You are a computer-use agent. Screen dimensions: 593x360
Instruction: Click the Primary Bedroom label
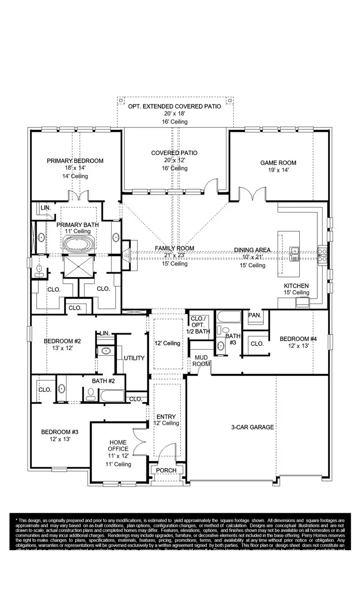pyautogui.click(x=75, y=161)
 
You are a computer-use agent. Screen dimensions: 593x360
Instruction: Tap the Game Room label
pyautogui.click(x=278, y=163)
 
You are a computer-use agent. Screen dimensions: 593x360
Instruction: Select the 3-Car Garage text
pyautogui.click(x=252, y=427)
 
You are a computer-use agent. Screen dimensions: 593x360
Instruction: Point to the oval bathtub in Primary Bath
pyautogui.click(x=79, y=244)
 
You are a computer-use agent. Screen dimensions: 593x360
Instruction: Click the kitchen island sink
pyautogui.click(x=294, y=253)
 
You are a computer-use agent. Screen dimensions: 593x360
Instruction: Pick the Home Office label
pyautogui.click(x=118, y=446)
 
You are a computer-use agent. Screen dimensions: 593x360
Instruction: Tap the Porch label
pyautogui.click(x=166, y=470)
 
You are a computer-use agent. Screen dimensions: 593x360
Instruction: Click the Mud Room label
pyautogui.click(x=201, y=360)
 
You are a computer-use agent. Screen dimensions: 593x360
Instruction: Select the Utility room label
pyautogui.click(x=134, y=358)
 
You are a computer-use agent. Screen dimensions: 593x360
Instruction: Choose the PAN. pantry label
pyautogui.click(x=255, y=315)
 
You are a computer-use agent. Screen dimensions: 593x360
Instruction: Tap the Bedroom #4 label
pyautogui.click(x=298, y=339)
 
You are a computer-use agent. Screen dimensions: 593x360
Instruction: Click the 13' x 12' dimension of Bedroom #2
pyautogui.click(x=62, y=348)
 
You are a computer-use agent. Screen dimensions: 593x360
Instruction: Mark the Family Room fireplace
pyautogui.click(x=127, y=254)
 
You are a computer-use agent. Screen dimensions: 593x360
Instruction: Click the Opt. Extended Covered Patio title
pyautogui.click(x=175, y=107)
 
